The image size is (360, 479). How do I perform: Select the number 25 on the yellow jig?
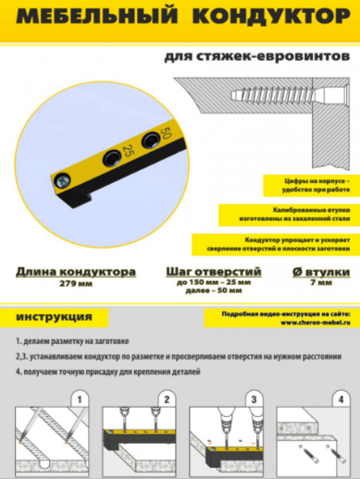click(x=127, y=151)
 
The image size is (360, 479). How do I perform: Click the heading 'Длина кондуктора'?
click(x=75, y=273)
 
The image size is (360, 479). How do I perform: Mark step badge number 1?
click(x=81, y=399)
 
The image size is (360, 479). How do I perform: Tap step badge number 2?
click(x=167, y=399)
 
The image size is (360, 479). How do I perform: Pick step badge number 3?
click(x=253, y=399)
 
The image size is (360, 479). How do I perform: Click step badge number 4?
click(x=341, y=399)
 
